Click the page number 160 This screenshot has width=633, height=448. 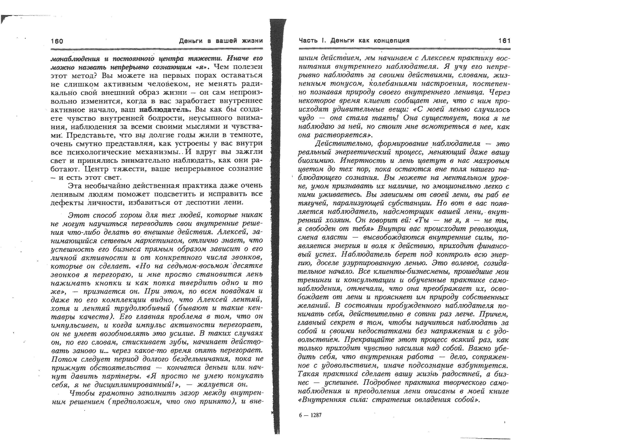pyautogui.click(x=57, y=41)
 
